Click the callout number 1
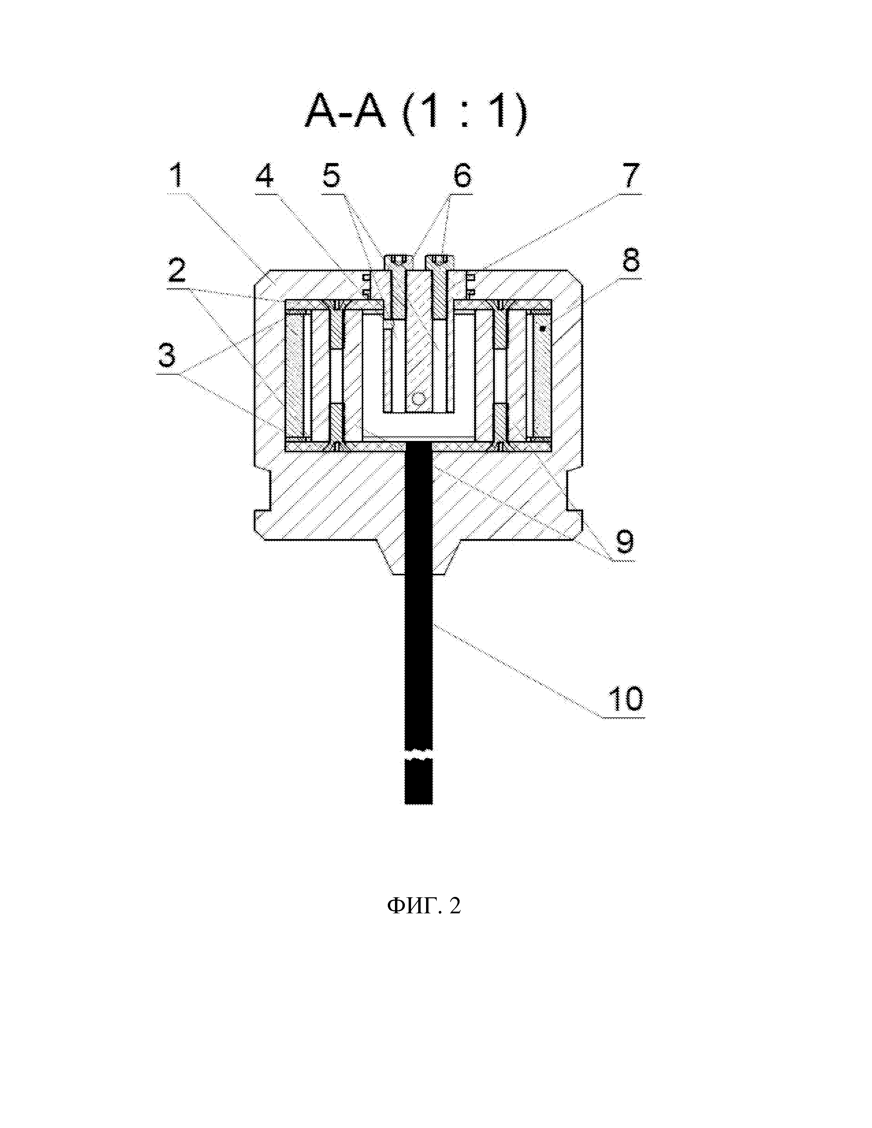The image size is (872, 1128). (x=177, y=176)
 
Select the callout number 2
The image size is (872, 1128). (x=177, y=270)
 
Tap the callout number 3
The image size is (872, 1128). (x=166, y=355)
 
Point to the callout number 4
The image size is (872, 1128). (x=264, y=176)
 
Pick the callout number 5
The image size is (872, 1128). (x=332, y=176)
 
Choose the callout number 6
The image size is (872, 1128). (x=462, y=176)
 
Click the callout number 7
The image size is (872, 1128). (x=630, y=176)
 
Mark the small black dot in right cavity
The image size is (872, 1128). (x=542, y=328)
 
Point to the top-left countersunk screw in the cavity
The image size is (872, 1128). (x=336, y=304)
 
